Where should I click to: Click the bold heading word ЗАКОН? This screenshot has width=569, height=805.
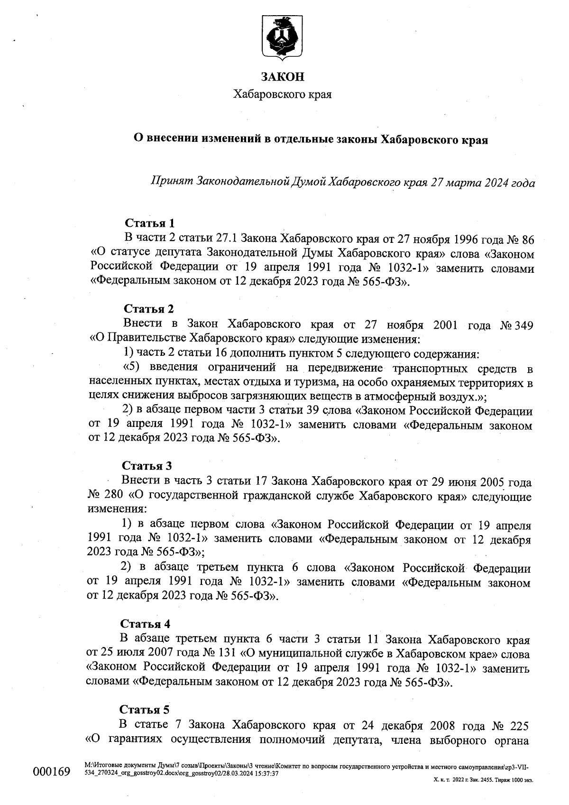[283, 76]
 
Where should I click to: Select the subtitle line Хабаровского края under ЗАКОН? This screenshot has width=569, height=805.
[283, 94]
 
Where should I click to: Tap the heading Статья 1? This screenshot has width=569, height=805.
[150, 223]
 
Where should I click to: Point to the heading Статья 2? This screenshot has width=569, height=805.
[149, 309]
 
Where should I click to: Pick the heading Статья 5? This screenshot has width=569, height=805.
[145, 709]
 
